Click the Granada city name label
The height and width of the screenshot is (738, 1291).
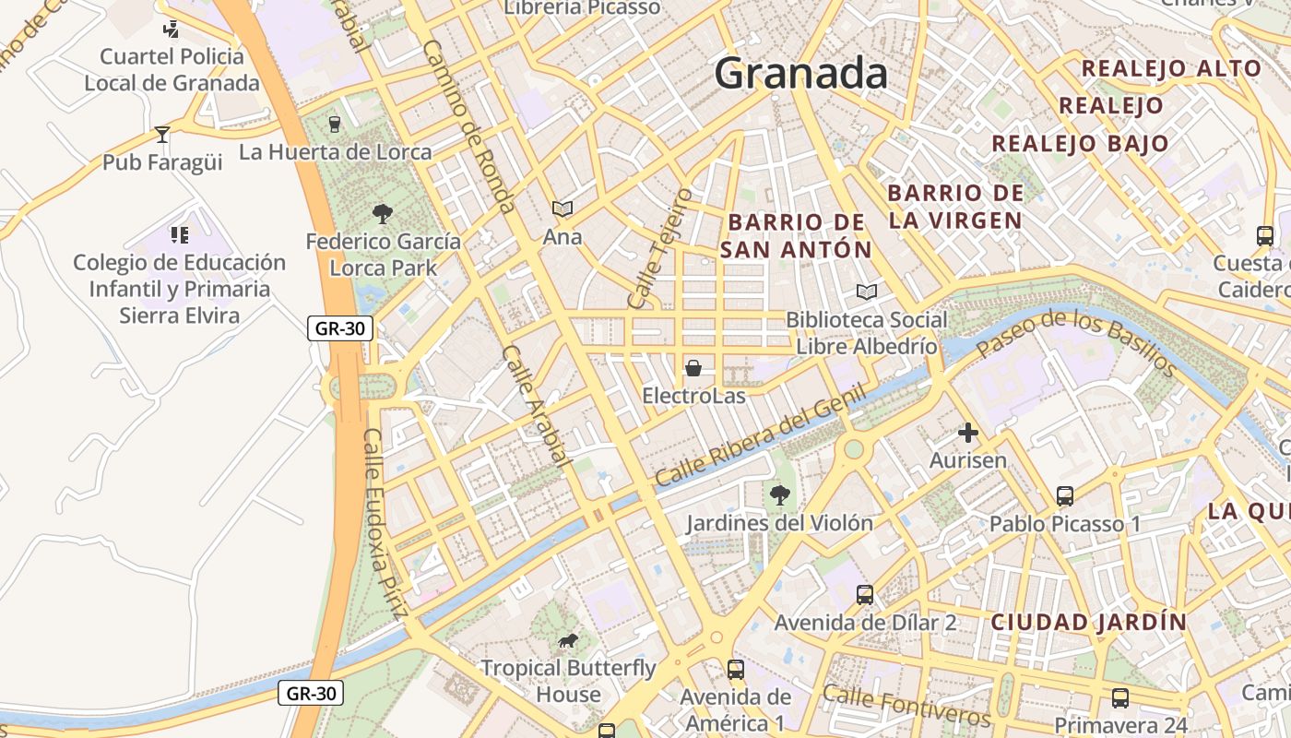(x=800, y=73)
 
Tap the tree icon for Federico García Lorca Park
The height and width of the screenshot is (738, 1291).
(x=382, y=214)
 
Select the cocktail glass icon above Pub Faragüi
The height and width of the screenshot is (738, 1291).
(x=162, y=135)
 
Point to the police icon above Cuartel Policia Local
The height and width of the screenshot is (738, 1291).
(x=171, y=30)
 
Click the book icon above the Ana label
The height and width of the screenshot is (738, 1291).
(x=562, y=209)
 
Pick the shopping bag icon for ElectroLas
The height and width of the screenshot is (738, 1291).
(x=693, y=368)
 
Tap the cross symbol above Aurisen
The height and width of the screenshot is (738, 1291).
(x=967, y=432)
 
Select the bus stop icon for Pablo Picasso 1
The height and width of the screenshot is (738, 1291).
(x=1064, y=496)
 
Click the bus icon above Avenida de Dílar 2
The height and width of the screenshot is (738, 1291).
(x=864, y=595)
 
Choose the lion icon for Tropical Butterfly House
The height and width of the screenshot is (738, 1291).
(x=568, y=640)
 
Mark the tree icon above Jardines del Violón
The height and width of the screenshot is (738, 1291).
(x=779, y=495)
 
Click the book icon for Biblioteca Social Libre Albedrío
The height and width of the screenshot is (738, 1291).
(x=866, y=292)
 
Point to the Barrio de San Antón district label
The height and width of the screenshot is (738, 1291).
(x=796, y=236)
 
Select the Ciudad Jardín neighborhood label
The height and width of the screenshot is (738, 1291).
(x=1088, y=622)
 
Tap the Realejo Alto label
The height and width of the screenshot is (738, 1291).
(x=1170, y=68)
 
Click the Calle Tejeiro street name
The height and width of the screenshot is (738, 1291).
(x=659, y=248)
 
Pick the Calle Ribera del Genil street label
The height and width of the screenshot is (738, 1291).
(x=761, y=435)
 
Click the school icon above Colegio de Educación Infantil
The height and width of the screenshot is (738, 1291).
(x=179, y=235)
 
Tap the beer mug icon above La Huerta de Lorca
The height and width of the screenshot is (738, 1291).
(x=334, y=125)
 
